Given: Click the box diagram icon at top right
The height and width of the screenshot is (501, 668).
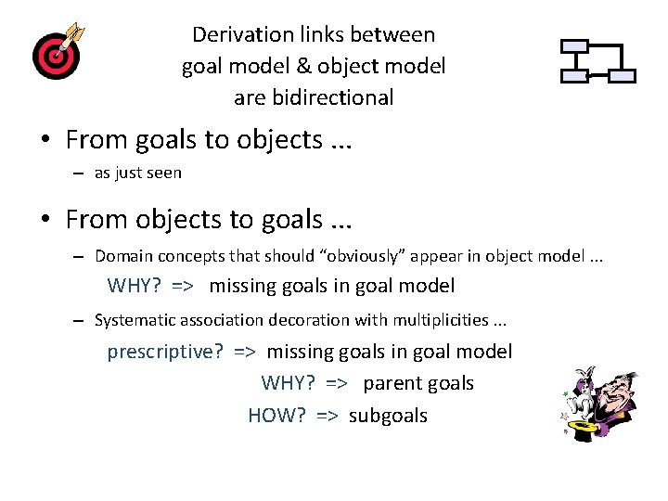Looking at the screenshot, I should click(598, 61).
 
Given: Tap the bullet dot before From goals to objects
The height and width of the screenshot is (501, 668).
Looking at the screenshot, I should click(45, 141).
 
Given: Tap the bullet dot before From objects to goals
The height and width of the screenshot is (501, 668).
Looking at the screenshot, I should click(45, 220).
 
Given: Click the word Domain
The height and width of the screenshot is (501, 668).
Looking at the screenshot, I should click(122, 255).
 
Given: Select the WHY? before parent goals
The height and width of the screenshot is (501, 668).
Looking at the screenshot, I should click(290, 383).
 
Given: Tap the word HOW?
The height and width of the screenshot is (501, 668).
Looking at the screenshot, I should click(276, 416).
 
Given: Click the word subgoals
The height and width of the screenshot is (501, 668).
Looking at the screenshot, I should click(388, 416).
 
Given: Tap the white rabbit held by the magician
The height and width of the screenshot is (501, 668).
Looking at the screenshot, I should click(582, 393).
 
